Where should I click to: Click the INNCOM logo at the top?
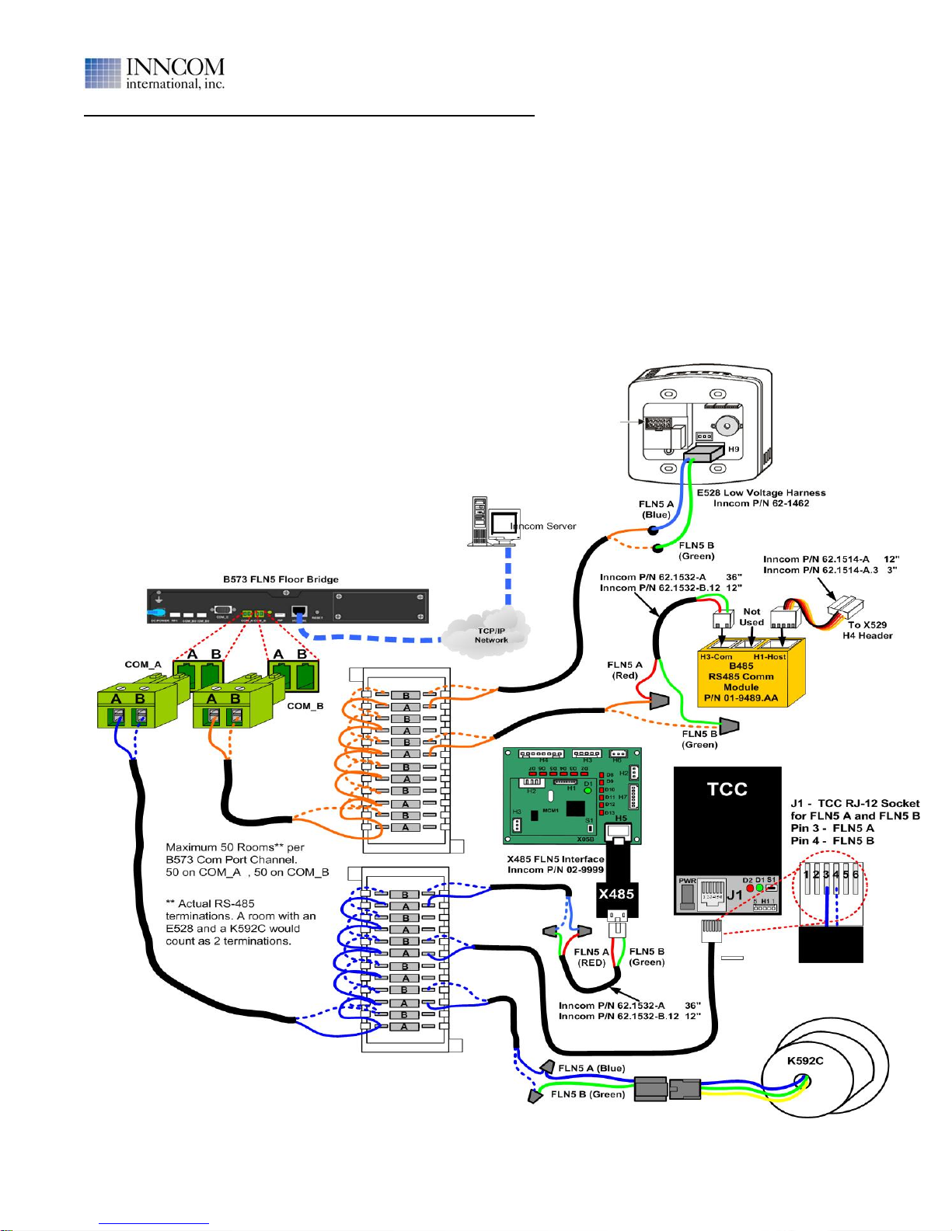pyautogui.click(x=155, y=74)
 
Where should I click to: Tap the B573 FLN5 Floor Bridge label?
pyautogui.click(x=281, y=579)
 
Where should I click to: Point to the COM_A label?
pyautogui.click(x=143, y=665)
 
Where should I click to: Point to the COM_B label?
pyautogui.click(x=305, y=706)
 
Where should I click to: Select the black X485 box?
pyautogui.click(x=616, y=894)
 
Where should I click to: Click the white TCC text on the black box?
pyautogui.click(x=727, y=790)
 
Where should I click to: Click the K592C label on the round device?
pyautogui.click(x=805, y=1061)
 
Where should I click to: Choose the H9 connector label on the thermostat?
pyautogui.click(x=734, y=450)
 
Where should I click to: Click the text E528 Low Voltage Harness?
pyautogui.click(x=761, y=492)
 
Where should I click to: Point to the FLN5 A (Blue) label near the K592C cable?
pyautogui.click(x=591, y=1069)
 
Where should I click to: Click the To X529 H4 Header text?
pyautogui.click(x=867, y=630)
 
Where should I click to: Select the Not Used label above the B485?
pyautogui.click(x=751, y=617)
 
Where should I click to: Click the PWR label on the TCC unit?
pyautogui.click(x=688, y=882)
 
